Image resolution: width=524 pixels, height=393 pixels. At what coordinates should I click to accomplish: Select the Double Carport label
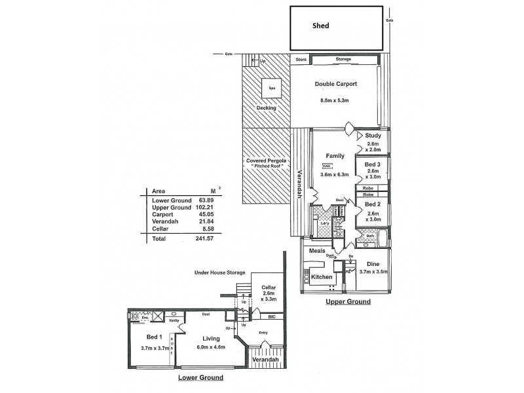pyautogui.click(x=335, y=84)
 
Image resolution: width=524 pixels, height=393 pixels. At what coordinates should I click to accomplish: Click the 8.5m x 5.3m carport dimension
pyautogui.click(x=335, y=100)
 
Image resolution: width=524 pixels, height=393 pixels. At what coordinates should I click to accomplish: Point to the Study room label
pyautogui.click(x=373, y=136)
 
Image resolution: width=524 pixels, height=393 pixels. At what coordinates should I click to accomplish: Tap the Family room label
pyautogui.click(x=335, y=156)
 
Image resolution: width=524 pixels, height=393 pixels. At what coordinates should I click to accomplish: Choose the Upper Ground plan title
pyautogui.click(x=348, y=302)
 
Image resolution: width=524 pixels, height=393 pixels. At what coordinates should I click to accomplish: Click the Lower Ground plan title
pyautogui.click(x=201, y=378)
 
